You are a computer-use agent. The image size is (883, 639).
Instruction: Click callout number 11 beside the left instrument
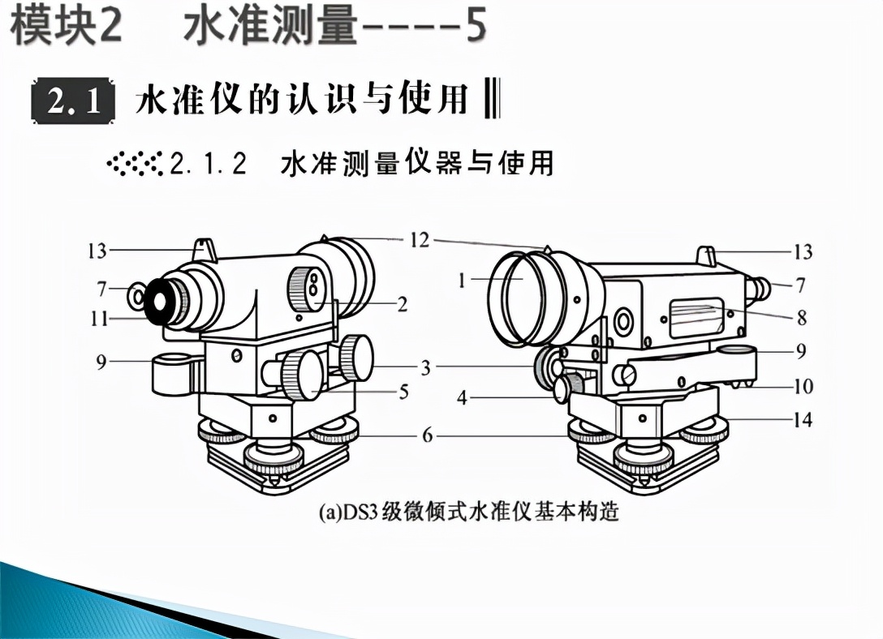coord(99,319)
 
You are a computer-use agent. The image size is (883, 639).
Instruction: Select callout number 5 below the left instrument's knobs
coord(403,392)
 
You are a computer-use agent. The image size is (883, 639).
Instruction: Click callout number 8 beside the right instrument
coord(802,318)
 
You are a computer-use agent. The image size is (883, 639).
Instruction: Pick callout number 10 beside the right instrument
coord(803,387)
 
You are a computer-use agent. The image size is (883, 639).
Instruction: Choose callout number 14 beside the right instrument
coord(803,420)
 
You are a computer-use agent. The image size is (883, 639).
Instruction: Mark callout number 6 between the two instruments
coord(426,436)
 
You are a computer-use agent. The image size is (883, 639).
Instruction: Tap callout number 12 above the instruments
coord(420,240)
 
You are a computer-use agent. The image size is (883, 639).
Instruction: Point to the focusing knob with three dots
coord(308,289)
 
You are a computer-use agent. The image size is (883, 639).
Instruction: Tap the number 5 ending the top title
coord(474,26)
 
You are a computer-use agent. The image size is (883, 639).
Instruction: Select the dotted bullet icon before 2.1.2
coord(136,162)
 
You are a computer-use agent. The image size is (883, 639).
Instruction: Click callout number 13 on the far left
coord(97,251)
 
